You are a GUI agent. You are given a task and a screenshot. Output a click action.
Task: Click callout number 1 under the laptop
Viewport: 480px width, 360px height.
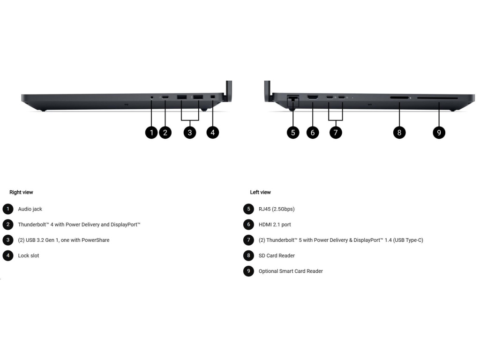point(151,133)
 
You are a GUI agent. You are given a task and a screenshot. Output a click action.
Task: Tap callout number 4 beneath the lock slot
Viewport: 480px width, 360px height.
point(212,133)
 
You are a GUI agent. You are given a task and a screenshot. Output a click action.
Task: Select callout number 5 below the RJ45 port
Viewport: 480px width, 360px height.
point(293,133)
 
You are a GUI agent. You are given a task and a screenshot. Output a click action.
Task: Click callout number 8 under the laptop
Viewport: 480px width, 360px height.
point(399,133)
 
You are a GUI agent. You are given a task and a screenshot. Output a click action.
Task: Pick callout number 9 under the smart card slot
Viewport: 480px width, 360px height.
point(439,133)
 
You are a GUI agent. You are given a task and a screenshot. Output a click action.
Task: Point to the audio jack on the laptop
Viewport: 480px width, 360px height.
point(151,97)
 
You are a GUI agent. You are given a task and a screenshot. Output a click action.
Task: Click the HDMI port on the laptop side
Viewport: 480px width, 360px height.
point(313,97)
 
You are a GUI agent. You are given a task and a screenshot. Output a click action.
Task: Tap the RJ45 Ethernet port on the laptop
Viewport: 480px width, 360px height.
point(293,98)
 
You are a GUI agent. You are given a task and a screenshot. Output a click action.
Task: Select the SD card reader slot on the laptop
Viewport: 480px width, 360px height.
point(399,98)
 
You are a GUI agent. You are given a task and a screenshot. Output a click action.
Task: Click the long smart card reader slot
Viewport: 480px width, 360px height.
point(437,98)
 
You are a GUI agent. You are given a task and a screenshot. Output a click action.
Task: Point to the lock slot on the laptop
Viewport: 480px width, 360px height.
point(213,97)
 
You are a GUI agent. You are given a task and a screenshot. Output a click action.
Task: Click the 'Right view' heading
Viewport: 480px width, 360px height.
point(21,192)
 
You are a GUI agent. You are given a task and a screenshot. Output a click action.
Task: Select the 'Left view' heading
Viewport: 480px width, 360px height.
point(260,192)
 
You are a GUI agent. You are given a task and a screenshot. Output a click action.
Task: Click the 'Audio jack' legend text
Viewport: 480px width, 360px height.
point(30,209)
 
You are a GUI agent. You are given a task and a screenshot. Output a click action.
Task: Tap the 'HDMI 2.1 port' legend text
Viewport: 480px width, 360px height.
point(275,225)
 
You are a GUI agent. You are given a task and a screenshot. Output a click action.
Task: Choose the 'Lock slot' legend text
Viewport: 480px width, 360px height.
point(29,255)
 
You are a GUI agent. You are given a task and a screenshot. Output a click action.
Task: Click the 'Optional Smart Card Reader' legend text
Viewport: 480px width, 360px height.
point(291,271)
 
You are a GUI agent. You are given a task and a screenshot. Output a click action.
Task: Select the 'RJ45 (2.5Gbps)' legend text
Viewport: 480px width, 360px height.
point(277,209)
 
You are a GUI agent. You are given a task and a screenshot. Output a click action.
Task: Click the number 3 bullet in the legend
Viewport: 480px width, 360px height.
point(8,240)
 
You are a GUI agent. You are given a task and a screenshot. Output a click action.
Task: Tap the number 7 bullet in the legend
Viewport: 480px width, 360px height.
point(248,240)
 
